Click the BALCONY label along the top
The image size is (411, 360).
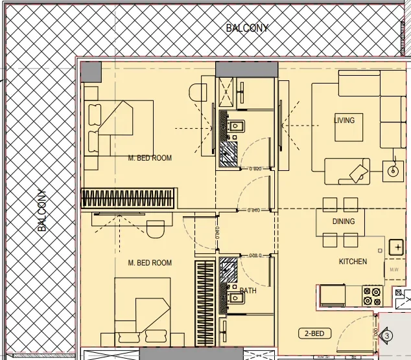(247, 28)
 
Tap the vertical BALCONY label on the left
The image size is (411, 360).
(42, 210)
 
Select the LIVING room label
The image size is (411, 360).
(344, 120)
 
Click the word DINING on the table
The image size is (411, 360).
(344, 221)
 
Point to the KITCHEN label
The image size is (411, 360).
(353, 262)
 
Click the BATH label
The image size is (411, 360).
(248, 291)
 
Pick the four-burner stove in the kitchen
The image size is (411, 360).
(372, 297)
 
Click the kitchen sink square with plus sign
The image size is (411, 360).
(395, 247)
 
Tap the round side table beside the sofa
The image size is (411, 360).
(392, 172)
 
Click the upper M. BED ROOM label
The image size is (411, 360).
(150, 158)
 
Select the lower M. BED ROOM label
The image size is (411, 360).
(150, 263)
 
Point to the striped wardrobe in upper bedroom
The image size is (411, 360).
(128, 197)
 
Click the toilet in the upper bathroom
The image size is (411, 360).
(237, 128)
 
